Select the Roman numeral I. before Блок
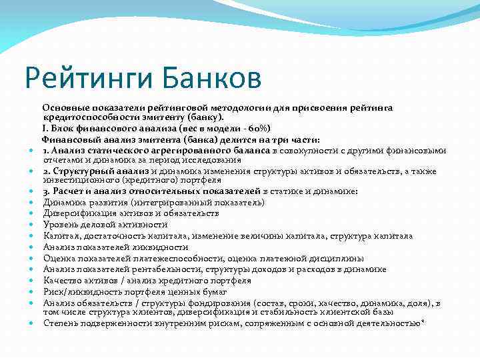(45, 128)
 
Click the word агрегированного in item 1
(180, 150)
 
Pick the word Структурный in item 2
(77, 171)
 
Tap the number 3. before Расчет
(47, 192)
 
